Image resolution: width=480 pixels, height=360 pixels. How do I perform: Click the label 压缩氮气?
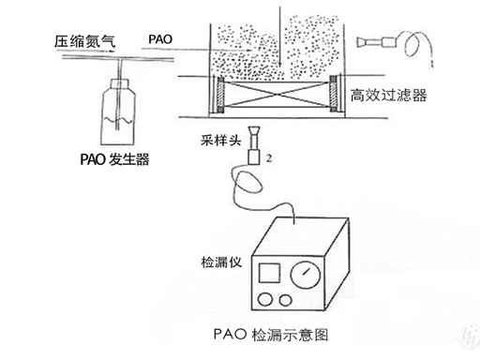[84, 41]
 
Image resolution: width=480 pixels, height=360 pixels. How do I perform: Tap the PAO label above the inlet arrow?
[160, 39]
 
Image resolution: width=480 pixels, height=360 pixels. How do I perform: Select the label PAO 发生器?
[114, 159]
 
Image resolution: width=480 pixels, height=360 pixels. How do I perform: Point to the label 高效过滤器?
[388, 95]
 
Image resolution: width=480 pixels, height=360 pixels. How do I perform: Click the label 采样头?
[220, 141]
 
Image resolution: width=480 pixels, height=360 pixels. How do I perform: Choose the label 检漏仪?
[221, 262]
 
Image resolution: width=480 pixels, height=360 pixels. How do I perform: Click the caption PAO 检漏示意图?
[271, 335]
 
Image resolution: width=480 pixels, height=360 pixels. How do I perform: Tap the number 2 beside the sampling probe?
[269, 158]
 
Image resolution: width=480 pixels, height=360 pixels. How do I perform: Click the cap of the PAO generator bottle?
[120, 83]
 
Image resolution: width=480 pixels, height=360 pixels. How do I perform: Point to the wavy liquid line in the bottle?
[117, 119]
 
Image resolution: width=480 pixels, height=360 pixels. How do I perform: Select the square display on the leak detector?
[269, 273]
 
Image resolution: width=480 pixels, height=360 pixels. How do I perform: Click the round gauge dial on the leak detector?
[306, 275]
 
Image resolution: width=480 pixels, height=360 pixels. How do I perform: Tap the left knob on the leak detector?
[265, 299]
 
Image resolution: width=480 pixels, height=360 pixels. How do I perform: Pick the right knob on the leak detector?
[286, 301]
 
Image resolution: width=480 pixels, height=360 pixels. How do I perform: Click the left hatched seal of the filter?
[220, 94]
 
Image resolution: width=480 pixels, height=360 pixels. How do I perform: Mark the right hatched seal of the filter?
[334, 93]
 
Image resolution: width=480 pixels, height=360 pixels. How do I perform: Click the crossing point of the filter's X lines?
[277, 94]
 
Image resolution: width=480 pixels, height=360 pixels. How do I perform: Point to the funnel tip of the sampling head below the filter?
[255, 129]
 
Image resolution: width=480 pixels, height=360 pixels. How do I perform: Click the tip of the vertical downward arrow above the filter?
[280, 66]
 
